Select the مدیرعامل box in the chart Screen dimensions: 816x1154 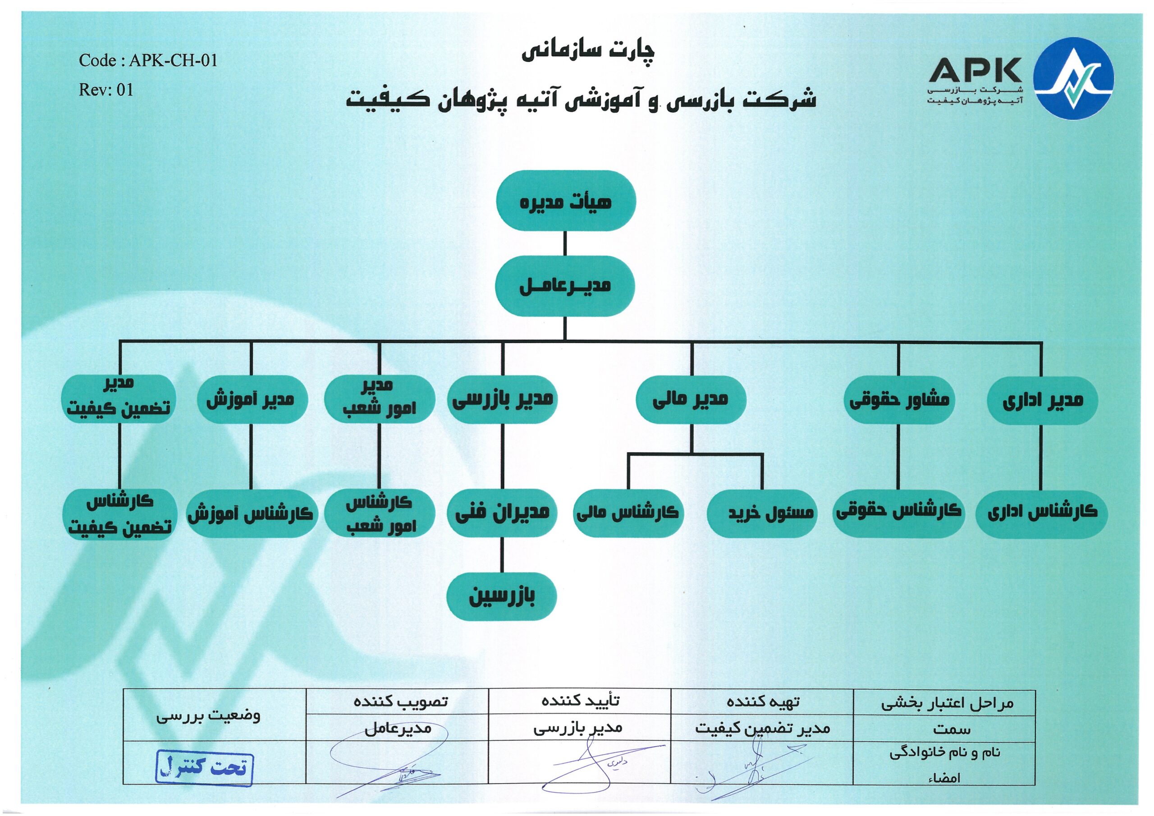click(x=565, y=285)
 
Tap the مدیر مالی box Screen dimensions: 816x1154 click(x=690, y=400)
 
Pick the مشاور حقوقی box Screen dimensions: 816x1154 click(x=899, y=400)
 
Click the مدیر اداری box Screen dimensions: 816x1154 click(x=1042, y=401)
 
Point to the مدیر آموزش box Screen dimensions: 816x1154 click(x=251, y=400)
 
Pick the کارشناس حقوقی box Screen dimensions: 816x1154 click(x=899, y=512)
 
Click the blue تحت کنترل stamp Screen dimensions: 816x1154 click(x=204, y=767)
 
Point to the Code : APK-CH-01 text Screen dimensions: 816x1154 click(x=148, y=61)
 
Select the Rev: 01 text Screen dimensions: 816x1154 click(x=106, y=90)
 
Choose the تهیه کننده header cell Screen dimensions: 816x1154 click(x=762, y=701)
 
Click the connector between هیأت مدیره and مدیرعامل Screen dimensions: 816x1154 click(x=565, y=244)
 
